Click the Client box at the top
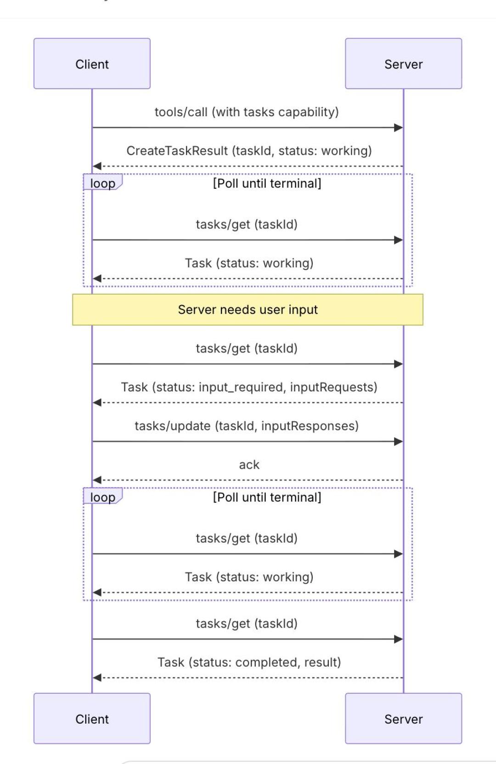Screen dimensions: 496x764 coord(92,63)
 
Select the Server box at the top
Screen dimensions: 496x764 coord(404,63)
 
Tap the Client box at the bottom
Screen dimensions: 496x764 coord(92,719)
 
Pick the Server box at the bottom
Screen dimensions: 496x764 coord(404,719)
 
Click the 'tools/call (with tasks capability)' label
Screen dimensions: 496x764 coord(247,112)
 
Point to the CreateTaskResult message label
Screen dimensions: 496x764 coord(249,151)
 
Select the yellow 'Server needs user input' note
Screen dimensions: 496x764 coord(248,309)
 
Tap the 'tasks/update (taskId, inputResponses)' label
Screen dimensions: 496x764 coord(247,426)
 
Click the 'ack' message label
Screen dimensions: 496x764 coord(249,465)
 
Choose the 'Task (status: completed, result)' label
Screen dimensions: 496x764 coord(249,662)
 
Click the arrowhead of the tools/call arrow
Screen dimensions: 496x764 coord(399,128)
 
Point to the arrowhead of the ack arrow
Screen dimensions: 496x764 coord(97,480)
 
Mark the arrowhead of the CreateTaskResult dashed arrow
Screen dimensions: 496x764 coord(97,166)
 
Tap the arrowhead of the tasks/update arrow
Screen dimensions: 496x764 coord(399,441)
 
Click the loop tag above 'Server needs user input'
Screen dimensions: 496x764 coord(102,182)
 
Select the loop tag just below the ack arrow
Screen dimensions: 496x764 coord(102,496)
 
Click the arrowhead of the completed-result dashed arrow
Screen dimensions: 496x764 coord(97,678)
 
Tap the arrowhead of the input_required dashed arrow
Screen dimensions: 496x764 coord(97,403)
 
